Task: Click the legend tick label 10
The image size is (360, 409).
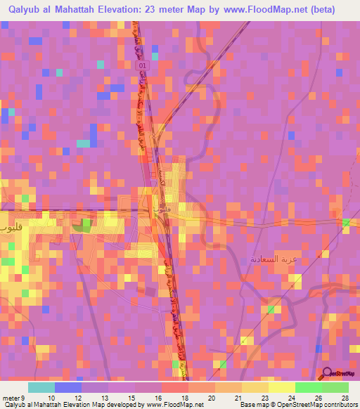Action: [51, 398]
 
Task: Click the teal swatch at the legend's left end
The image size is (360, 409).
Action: [41, 387]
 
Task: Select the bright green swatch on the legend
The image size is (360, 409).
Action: [308, 387]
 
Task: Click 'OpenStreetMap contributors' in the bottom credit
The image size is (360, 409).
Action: [314, 405]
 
